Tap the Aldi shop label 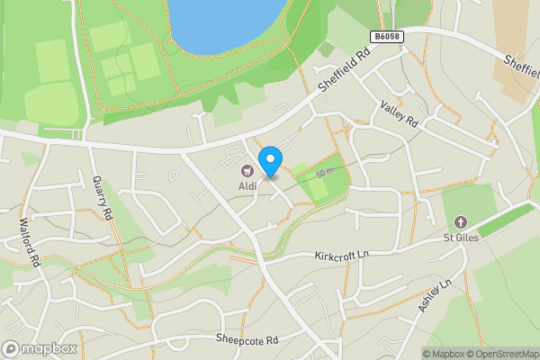[x=247, y=185]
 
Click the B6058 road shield [x=384, y=35]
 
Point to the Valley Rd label [x=400, y=114]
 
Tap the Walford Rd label [x=31, y=241]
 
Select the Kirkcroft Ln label [x=343, y=256]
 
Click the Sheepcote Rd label [x=248, y=339]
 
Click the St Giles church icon [x=460, y=222]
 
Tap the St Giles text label [x=459, y=238]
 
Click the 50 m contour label [x=325, y=172]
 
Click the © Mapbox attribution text [x=445, y=354]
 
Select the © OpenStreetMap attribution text [x=504, y=354]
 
